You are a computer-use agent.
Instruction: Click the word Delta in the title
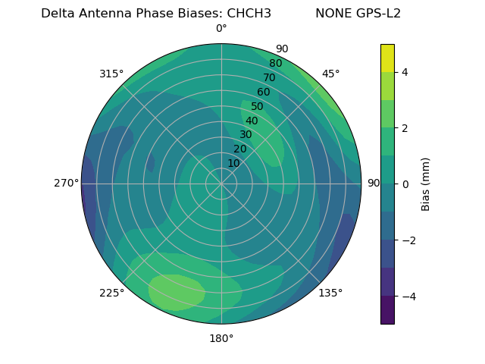point(58,14)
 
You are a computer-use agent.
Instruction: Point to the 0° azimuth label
point(221,29)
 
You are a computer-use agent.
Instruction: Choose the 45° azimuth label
point(331,74)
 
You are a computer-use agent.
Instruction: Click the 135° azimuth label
point(330,293)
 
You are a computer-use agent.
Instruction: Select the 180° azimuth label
point(221,338)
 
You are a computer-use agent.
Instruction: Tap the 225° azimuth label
point(111,293)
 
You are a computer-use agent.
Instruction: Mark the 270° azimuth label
point(66,184)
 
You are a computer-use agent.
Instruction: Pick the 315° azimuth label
point(111,74)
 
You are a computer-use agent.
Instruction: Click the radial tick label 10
point(233,163)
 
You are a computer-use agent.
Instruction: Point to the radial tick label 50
point(258,106)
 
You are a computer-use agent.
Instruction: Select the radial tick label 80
point(276,64)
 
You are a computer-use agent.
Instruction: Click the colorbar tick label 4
point(405,72)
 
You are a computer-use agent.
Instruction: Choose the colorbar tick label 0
point(405,184)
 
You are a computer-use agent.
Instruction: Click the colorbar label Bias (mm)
point(426,184)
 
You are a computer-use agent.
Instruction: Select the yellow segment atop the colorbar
point(387,58)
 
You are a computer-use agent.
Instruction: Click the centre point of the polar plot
point(221,184)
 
